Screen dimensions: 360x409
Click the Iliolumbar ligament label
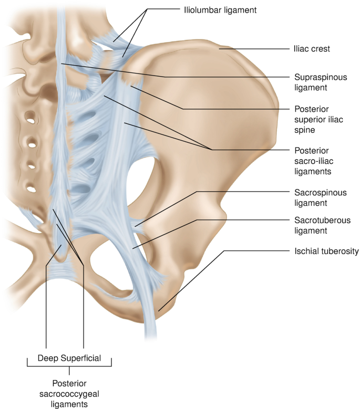(x=220, y=9)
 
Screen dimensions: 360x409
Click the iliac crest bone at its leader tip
(x=221, y=49)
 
